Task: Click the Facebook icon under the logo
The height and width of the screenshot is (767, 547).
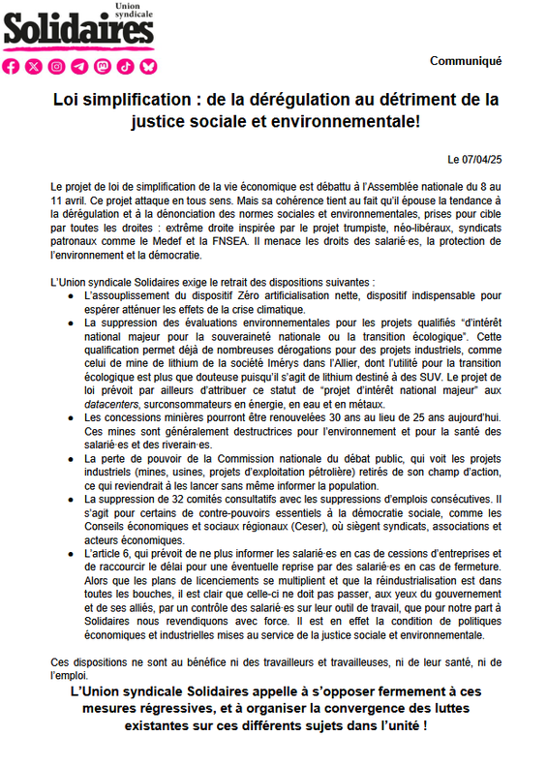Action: (x=12, y=66)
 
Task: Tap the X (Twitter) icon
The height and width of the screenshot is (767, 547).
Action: (x=35, y=66)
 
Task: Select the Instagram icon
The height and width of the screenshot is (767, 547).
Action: (x=58, y=66)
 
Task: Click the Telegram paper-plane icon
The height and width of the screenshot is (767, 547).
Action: (x=80, y=66)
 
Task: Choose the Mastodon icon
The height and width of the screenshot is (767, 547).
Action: (x=103, y=66)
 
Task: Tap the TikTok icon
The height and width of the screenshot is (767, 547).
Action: (x=125, y=66)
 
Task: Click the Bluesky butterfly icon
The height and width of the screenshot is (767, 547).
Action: (x=148, y=66)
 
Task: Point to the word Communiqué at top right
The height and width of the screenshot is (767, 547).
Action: (x=466, y=61)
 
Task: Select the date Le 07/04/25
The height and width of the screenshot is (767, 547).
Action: (x=474, y=158)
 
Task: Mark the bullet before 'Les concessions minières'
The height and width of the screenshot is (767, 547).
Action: (x=73, y=416)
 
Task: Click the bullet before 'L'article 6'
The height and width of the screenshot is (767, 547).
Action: (x=73, y=550)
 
